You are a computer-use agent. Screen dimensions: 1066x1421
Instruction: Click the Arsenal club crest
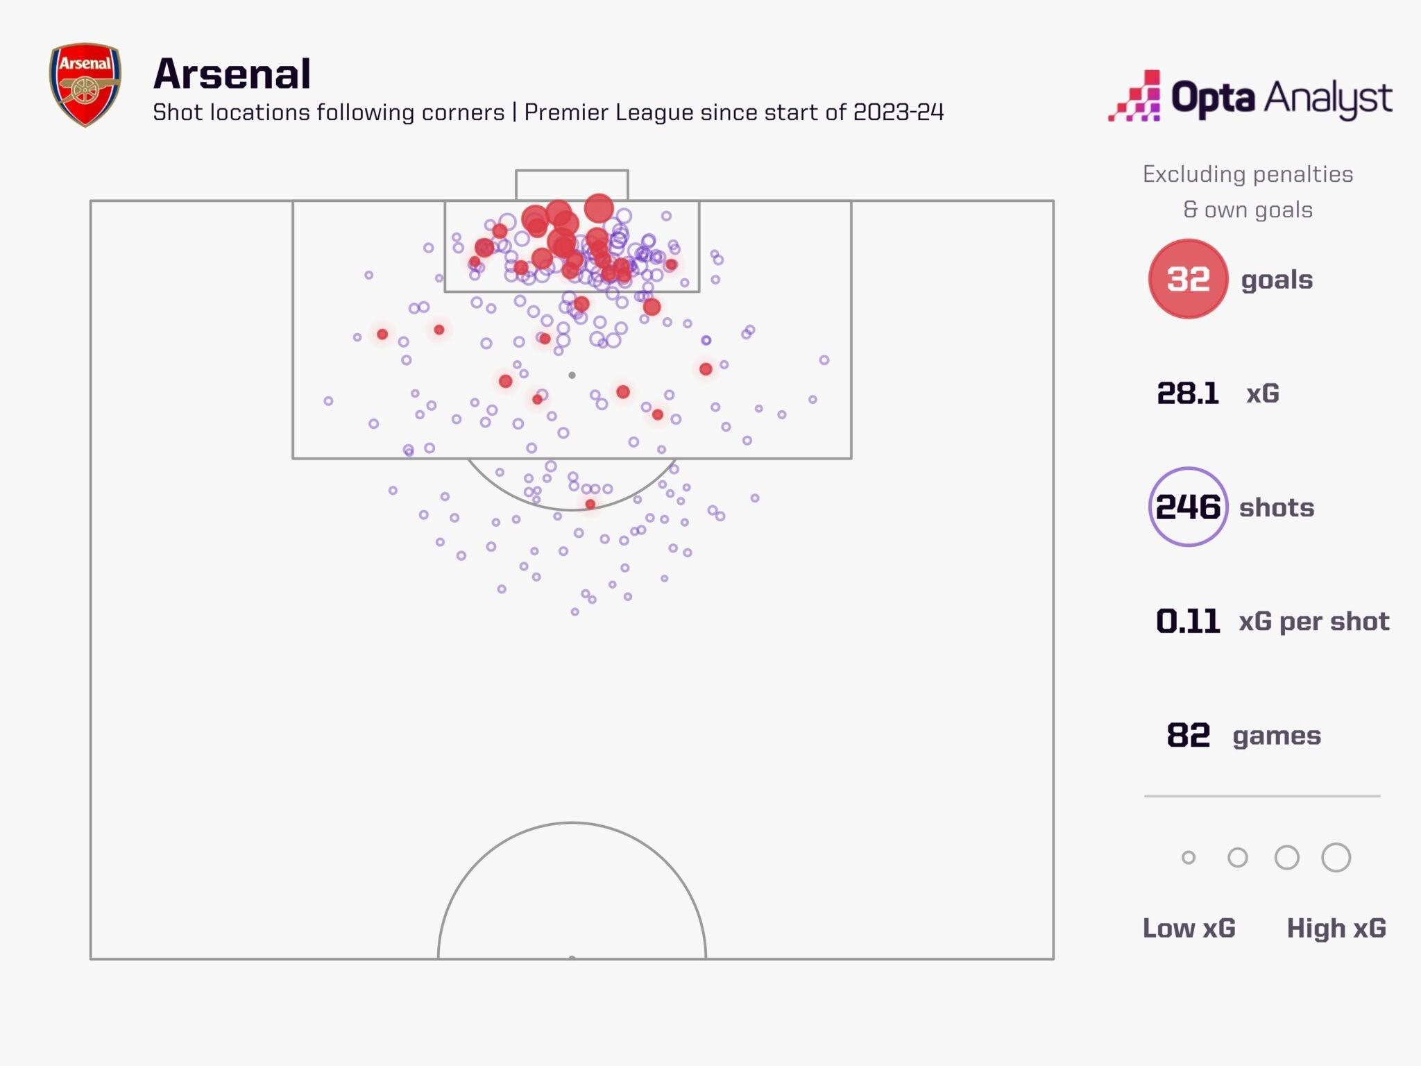85,85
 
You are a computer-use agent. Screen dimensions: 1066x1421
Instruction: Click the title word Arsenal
232,74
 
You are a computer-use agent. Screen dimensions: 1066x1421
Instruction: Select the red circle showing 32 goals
1188,279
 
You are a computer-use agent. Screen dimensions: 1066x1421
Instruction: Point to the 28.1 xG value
1187,394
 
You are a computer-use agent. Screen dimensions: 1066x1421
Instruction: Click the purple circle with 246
1188,507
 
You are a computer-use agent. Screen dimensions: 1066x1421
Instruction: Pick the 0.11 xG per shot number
1187,621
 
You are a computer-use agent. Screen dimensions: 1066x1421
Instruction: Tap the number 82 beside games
1188,735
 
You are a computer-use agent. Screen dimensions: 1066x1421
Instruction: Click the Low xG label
1189,928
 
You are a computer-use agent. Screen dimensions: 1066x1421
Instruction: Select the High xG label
1336,928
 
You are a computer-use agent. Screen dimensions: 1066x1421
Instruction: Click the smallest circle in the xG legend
1189,858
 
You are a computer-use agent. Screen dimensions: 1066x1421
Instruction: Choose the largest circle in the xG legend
1336,858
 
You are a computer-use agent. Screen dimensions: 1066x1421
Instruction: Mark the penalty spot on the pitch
572,375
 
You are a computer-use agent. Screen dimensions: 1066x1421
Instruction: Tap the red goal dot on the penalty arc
590,505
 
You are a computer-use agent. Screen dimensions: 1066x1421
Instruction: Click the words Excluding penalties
1248,174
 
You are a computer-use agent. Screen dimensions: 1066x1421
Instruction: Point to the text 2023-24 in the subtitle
899,112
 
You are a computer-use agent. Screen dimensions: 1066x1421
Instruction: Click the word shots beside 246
1277,508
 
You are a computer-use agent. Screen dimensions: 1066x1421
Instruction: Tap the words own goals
1258,210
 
